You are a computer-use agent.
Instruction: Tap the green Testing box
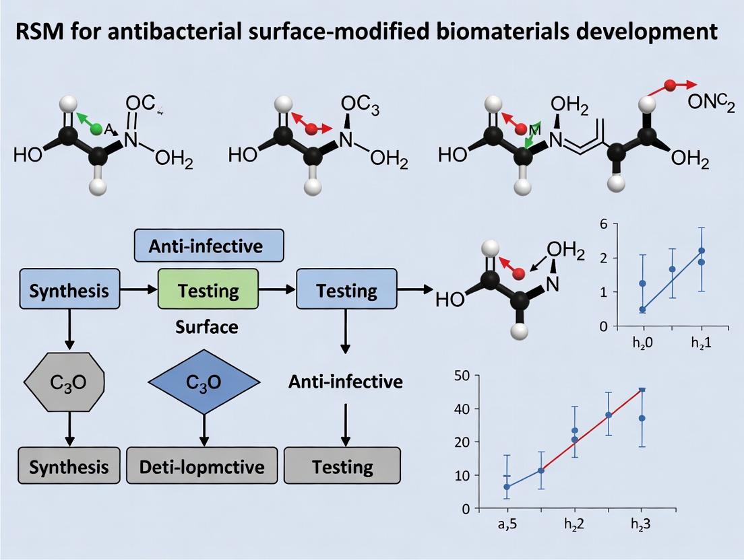(208, 291)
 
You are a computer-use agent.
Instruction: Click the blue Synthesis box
(69, 291)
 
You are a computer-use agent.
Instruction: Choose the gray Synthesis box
(69, 466)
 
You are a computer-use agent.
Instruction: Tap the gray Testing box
(342, 466)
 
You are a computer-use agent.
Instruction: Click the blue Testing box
(346, 291)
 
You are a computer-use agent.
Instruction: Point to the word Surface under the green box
(207, 327)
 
